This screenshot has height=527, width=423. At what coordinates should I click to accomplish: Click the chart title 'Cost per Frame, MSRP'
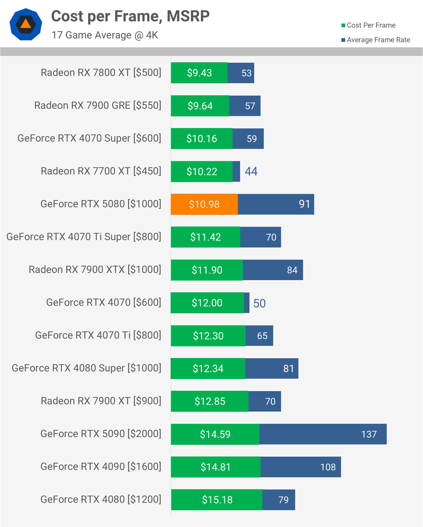pos(130,16)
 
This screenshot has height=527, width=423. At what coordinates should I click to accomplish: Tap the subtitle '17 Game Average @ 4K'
pos(105,35)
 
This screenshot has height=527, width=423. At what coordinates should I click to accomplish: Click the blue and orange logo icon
pos(26,24)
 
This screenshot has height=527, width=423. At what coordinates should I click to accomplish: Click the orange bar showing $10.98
pos(204,204)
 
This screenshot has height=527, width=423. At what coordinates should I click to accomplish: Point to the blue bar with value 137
pos(323,434)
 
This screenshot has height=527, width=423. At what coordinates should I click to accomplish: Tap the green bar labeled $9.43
pos(199,73)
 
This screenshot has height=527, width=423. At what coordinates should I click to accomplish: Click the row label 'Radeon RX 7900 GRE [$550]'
pos(98,105)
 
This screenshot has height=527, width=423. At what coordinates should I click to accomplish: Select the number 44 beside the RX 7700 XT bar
pos(251,171)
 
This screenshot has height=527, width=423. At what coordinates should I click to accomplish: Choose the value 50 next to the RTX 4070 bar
pos(259,303)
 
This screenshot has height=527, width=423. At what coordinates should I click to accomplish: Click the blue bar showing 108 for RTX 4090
pos(300,467)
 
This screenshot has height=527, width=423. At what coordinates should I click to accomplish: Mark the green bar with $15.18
pos(217,500)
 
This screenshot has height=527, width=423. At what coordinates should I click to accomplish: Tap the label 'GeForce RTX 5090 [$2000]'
pos(101,434)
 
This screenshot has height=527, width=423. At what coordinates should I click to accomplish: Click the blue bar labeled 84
pos(273,270)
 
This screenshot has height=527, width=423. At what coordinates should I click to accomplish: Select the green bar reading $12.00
pos(207,303)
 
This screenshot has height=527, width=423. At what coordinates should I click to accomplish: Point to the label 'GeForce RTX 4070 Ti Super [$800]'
pos(84,237)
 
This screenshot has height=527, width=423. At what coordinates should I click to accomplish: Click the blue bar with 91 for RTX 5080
pos(276,204)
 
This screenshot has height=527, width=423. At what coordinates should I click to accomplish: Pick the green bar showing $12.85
pos(209,401)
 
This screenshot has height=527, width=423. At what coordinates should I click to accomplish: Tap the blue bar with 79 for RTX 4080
pos(278,500)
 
